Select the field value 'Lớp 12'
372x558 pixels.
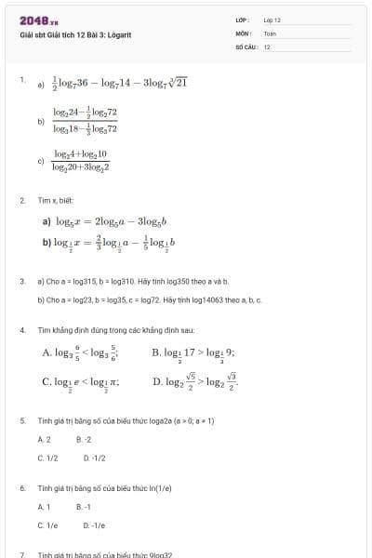click(x=272, y=20)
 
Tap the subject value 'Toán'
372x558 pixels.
click(x=270, y=33)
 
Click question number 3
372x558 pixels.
click(x=22, y=280)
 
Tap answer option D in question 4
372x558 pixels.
click(x=199, y=381)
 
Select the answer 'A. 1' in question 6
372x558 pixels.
click(x=44, y=507)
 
